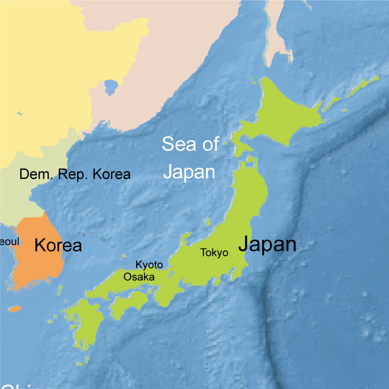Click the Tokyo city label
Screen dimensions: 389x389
[214, 253]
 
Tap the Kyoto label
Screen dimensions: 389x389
[149, 265]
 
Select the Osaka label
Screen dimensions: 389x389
[139, 277]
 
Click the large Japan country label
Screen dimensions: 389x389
[267, 244]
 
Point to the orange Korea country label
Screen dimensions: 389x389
[58, 245]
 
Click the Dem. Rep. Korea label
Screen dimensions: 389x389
[75, 174]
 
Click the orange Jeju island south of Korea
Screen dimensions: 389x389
[15, 309]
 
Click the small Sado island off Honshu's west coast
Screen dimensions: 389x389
[208, 223]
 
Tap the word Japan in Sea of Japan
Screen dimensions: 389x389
[189, 172]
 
